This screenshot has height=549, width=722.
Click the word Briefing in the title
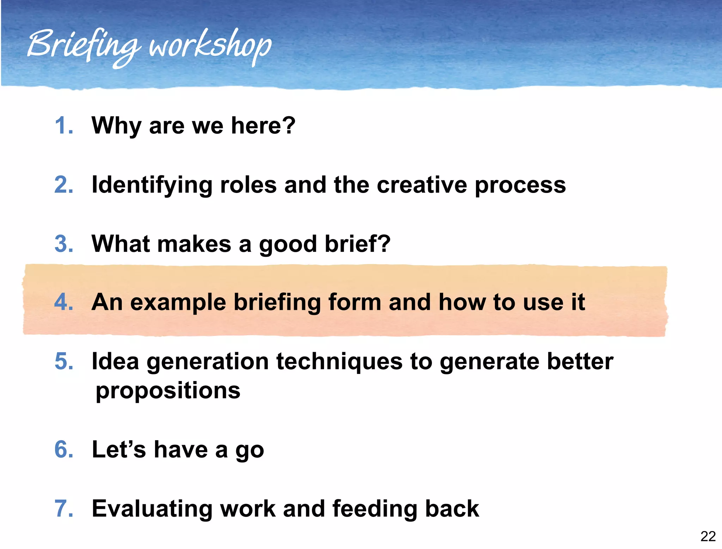tap(83, 46)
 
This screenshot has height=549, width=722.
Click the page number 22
tap(708, 536)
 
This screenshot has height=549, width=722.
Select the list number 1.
tap(63, 126)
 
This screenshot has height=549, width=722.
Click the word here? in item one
tap(263, 126)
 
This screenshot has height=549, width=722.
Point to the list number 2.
tap(63, 185)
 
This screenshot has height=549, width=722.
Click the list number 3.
tap(63, 244)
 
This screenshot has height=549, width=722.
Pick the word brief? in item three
tap(357, 244)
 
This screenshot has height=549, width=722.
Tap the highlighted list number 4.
tap(63, 302)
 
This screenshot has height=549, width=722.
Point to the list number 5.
tap(63, 361)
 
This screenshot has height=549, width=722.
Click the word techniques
tap(339, 362)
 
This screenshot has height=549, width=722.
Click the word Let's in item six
tap(118, 450)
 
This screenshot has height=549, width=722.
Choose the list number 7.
tap(63, 509)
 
